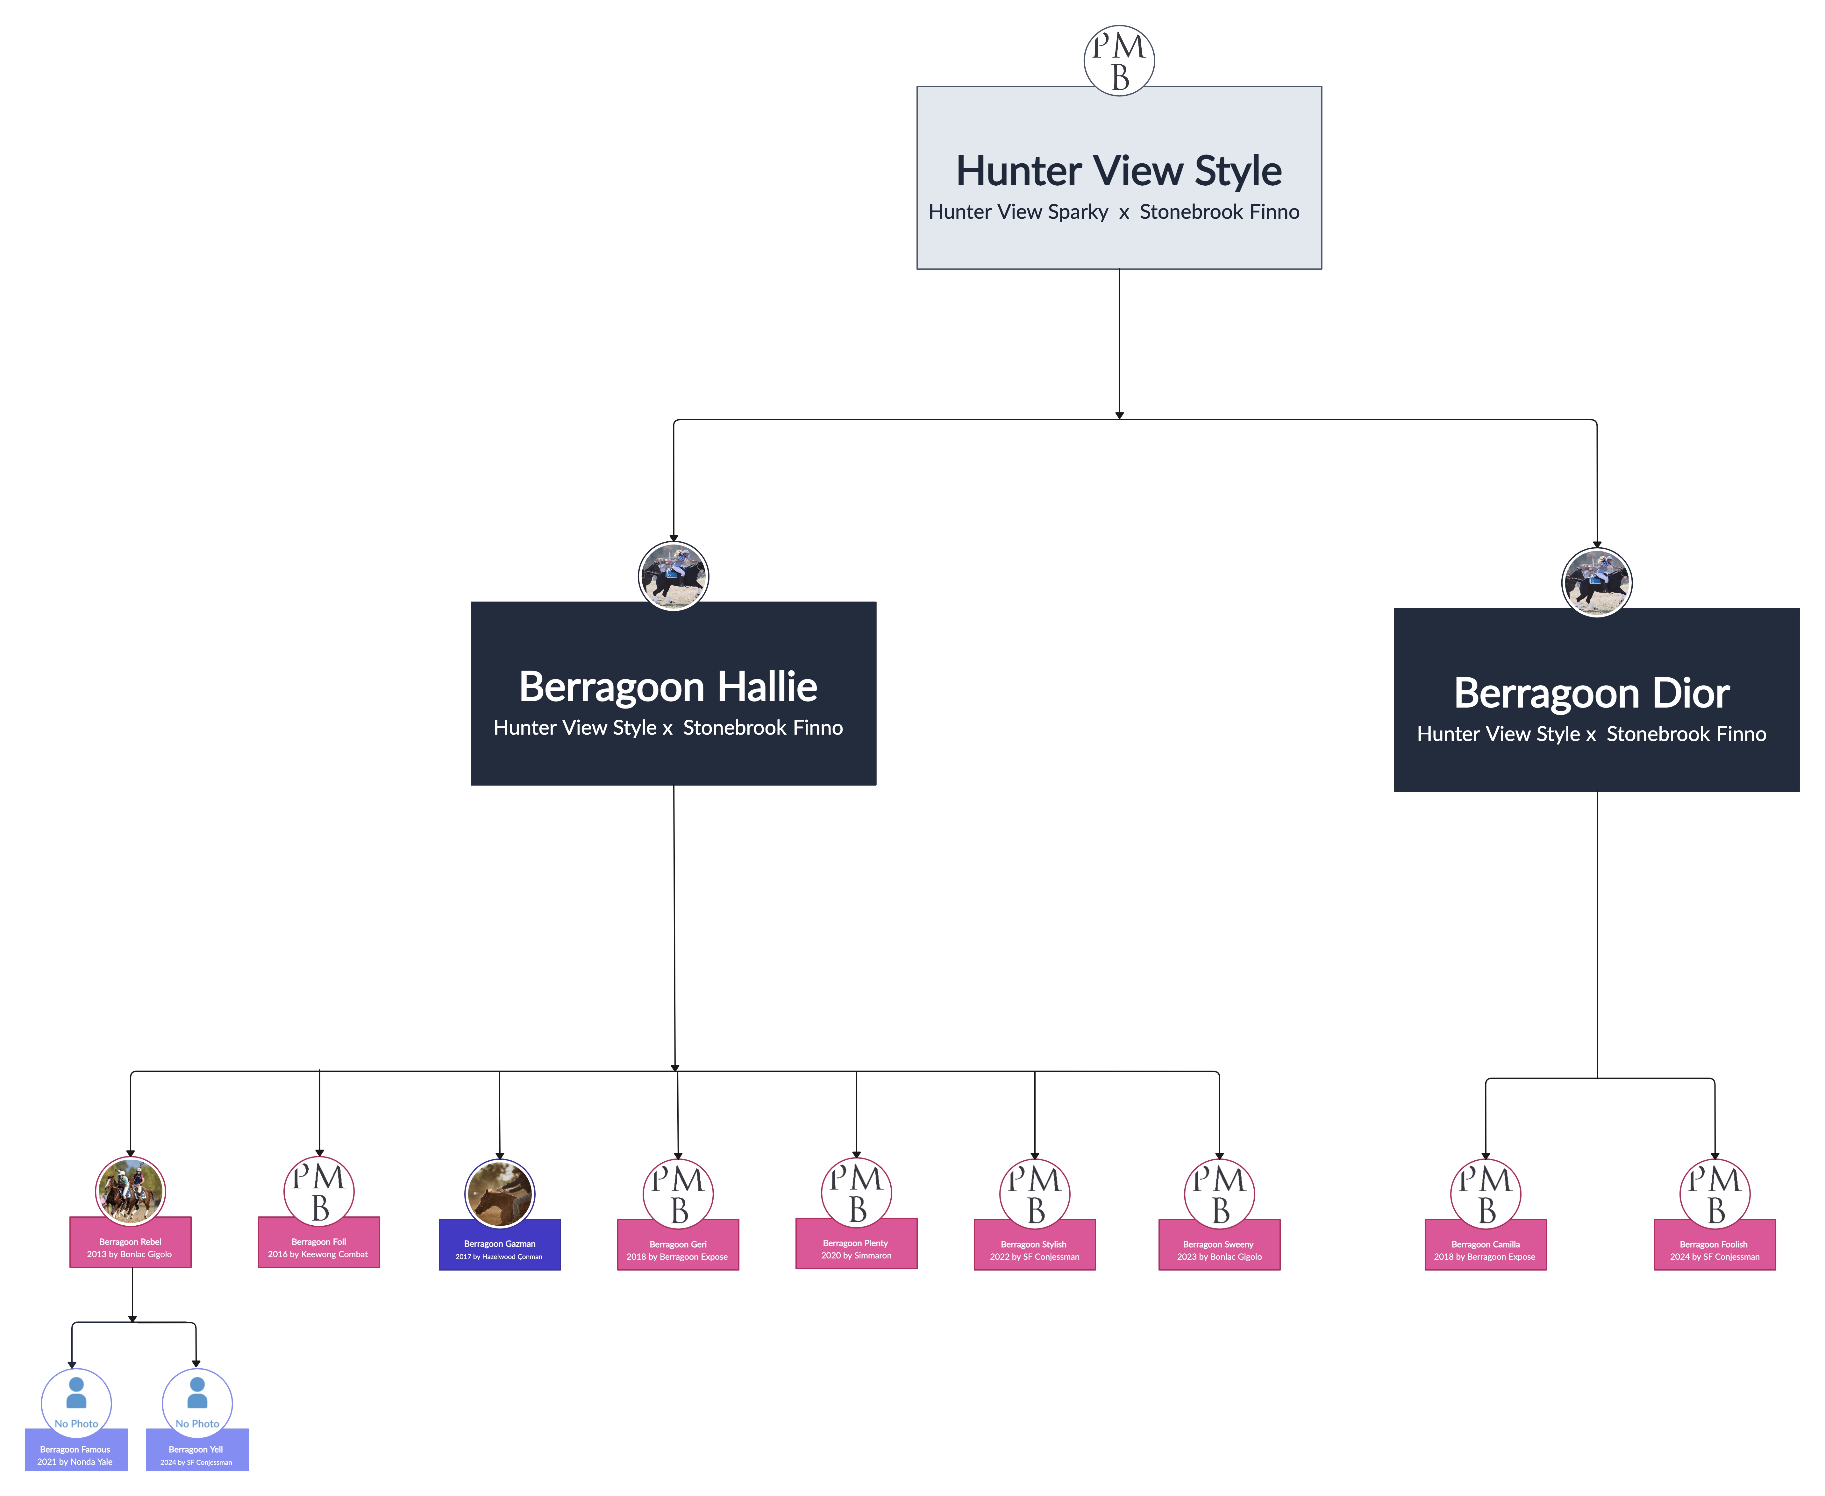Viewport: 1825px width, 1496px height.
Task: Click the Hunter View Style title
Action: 1118,171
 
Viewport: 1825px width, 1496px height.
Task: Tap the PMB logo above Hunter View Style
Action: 1118,60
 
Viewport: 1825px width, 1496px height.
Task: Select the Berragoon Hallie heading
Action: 668,687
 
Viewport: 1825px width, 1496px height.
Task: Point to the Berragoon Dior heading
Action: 1592,693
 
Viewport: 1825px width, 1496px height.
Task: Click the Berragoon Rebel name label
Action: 130,1242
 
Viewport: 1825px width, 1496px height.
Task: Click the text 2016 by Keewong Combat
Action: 318,1254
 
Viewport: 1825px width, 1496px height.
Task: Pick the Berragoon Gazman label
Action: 500,1243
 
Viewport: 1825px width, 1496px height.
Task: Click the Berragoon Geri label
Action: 678,1244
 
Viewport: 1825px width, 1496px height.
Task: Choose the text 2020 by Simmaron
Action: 857,1256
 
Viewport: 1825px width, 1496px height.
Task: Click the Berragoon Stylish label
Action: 1034,1244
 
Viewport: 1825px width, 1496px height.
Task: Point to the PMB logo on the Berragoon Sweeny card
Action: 1219,1193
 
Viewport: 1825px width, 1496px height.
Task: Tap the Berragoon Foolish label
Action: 1714,1244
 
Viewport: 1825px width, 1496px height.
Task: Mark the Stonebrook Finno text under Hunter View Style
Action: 1219,212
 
